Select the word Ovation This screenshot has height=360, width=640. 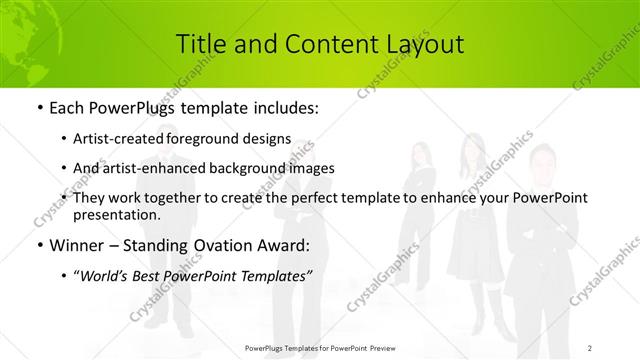225,244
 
